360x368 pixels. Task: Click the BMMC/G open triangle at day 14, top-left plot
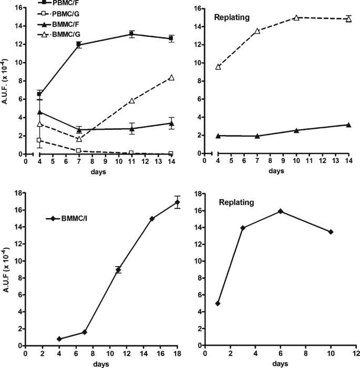click(171, 78)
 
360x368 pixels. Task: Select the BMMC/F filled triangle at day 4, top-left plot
click(39, 111)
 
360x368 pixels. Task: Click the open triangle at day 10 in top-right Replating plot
click(296, 17)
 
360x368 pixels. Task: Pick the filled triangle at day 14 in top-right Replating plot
click(348, 125)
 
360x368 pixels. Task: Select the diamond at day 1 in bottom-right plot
click(218, 303)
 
